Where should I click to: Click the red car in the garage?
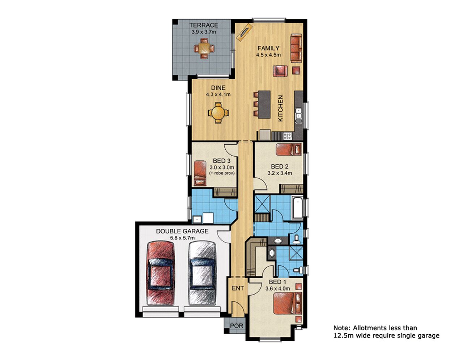160,274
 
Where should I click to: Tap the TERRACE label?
204,25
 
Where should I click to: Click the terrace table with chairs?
204,48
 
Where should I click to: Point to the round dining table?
218,113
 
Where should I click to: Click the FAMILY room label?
268,48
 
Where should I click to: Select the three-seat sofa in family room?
296,48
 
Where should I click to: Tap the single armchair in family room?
281,71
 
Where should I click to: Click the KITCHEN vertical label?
280,108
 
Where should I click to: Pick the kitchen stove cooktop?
287,136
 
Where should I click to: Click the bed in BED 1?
288,303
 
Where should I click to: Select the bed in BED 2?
288,149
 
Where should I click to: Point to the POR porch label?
237,326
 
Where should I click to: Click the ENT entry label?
238,288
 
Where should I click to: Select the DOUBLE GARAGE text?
182,231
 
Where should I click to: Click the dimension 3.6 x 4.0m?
277,289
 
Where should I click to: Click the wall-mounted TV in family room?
244,31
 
